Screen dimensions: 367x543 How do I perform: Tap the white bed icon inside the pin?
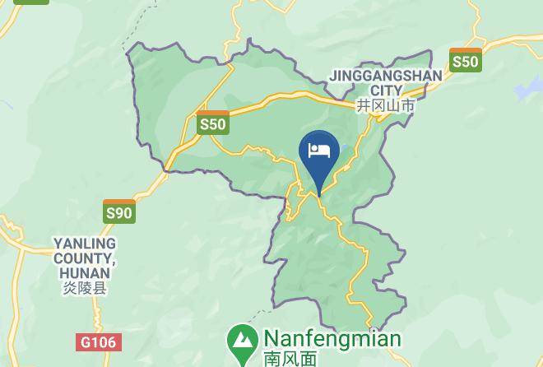coord(319,150)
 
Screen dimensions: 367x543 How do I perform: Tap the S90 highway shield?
coord(118,211)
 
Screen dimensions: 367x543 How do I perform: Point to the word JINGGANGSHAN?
coord(385,76)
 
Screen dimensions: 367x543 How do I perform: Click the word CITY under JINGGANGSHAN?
coord(386,90)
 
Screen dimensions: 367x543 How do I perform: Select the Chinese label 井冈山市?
coord(385,105)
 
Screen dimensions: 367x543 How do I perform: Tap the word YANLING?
coord(85,244)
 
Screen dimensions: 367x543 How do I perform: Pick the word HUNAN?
coord(86,274)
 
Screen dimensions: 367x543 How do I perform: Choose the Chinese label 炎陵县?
coord(85,289)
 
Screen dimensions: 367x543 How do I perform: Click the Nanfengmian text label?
coord(332,339)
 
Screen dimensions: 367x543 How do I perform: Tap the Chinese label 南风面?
coord(290,359)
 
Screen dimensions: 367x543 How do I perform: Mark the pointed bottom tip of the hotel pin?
coord(319,195)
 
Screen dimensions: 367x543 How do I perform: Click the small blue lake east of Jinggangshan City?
coord(527,89)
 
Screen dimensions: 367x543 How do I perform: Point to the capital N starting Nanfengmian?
coord(271,339)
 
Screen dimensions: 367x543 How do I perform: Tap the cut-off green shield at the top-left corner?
coord(31,2)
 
